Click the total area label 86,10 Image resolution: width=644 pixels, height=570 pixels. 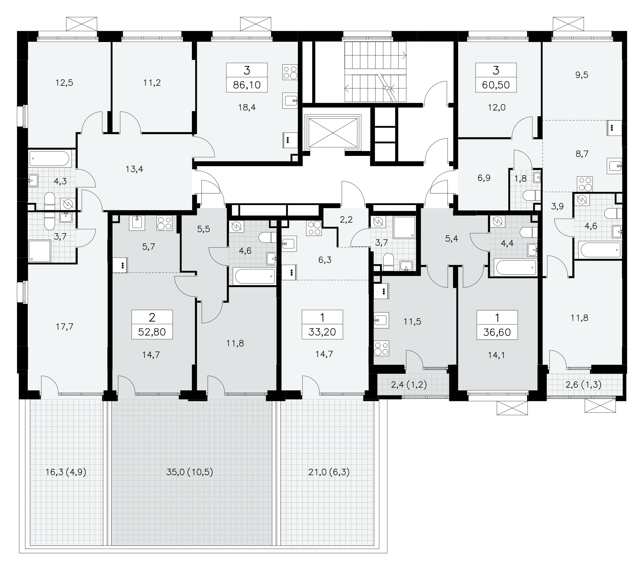coord(247,85)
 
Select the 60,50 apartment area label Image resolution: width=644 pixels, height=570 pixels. coord(496,85)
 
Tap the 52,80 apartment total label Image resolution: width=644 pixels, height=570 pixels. coord(152,331)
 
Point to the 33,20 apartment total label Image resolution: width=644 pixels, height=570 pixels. coord(322,331)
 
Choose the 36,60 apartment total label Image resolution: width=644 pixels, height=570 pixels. coord(497,332)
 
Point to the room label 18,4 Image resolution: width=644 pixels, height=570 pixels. coord(247,107)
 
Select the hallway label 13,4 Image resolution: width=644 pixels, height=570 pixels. coord(134,169)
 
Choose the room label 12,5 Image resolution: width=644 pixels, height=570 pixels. coord(64,82)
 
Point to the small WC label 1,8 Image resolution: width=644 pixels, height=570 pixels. coord(521,179)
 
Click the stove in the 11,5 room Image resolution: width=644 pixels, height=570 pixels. coord(381,349)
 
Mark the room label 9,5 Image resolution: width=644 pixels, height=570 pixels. coord(582,75)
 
